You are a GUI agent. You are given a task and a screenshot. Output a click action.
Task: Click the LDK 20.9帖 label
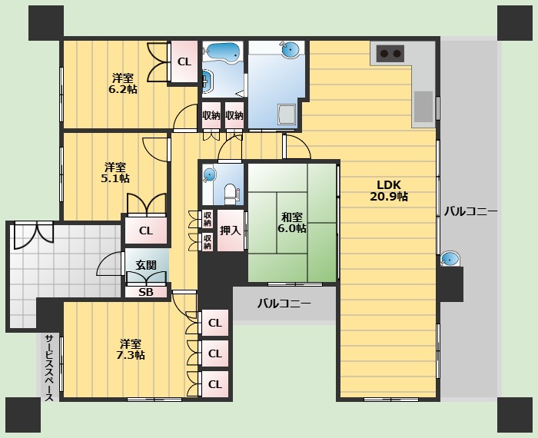pyautogui.click(x=389, y=191)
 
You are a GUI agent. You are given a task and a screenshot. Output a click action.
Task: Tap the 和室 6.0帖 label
pyautogui.click(x=291, y=223)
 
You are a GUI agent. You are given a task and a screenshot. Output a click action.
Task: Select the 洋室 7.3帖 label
pyautogui.click(x=131, y=349)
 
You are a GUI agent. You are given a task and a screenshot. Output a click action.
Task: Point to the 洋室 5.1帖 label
pyautogui.click(x=115, y=173)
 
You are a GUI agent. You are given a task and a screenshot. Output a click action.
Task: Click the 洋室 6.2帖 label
pyautogui.click(x=123, y=84)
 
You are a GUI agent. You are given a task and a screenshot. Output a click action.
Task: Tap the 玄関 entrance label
pyautogui.click(x=146, y=265)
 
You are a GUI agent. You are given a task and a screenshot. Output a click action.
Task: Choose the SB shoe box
pyautogui.click(x=146, y=292)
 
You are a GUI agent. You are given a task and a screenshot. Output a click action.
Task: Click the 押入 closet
pyautogui.click(x=231, y=231)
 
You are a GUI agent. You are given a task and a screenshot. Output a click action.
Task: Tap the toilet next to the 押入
pyautogui.click(x=231, y=194)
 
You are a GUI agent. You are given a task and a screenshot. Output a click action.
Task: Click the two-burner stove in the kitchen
pyautogui.click(x=390, y=54)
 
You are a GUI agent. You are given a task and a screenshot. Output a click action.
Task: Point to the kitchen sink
pyautogui.click(x=423, y=106)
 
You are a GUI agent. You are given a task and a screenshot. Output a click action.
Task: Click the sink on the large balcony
pyautogui.click(x=450, y=259)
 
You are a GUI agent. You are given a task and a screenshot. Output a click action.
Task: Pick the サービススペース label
pyautogui.click(x=49, y=367)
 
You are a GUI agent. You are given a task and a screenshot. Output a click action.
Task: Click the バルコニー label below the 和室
pyautogui.click(x=284, y=304)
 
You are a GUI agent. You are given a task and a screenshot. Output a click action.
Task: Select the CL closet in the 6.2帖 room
pyautogui.click(x=184, y=61)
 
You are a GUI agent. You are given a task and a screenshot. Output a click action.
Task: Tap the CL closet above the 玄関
pyautogui.click(x=146, y=231)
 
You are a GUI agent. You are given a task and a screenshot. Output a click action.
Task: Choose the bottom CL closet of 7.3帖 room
pyautogui.click(x=214, y=384)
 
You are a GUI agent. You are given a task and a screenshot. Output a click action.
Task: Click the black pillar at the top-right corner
pyautogui.click(x=515, y=23)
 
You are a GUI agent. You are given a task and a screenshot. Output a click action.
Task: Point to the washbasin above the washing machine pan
pyautogui.click(x=289, y=50)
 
